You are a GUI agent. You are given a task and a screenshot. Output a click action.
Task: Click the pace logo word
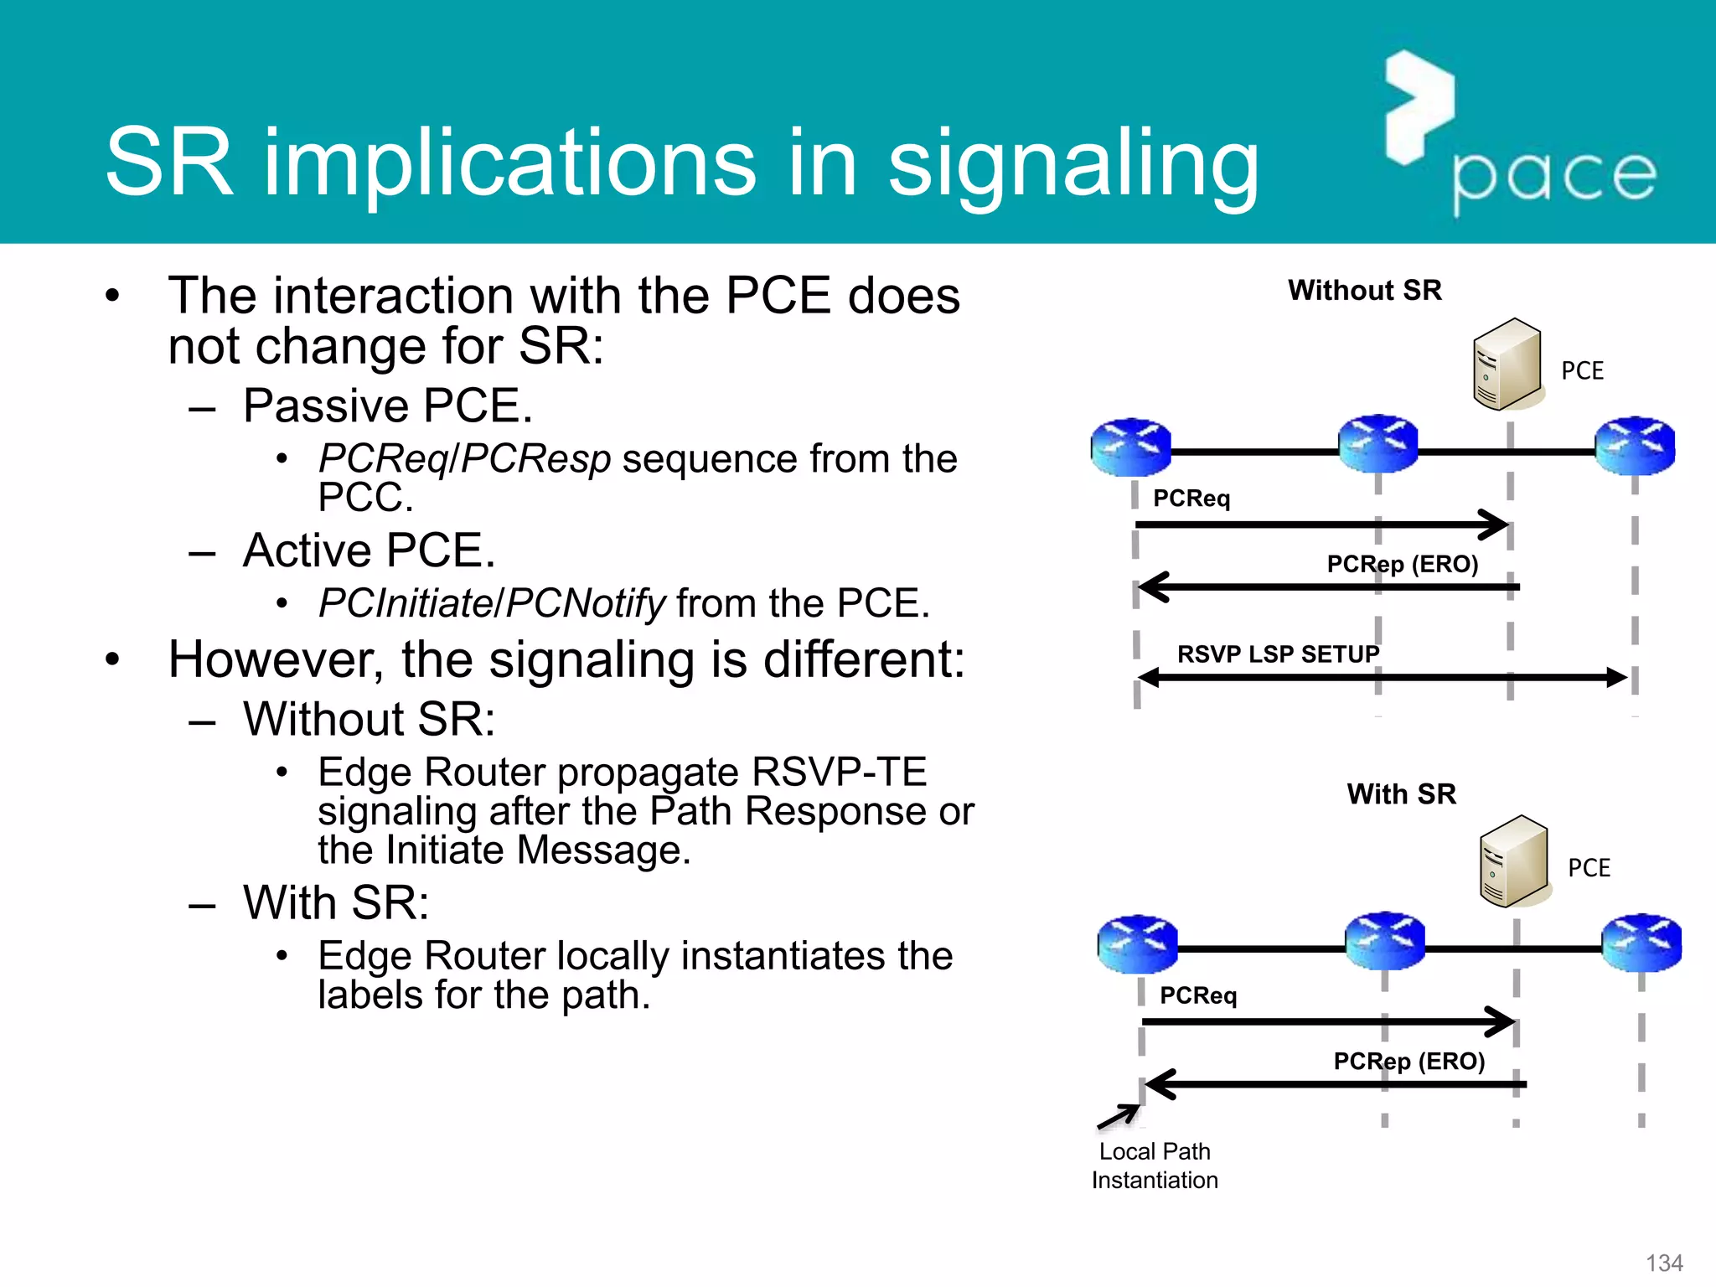(x=1554, y=178)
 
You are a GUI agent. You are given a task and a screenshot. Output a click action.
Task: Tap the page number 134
(x=1664, y=1263)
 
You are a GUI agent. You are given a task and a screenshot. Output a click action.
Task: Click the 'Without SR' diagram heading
(x=1364, y=290)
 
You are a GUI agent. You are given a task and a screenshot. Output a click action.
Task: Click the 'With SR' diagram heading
(x=1401, y=793)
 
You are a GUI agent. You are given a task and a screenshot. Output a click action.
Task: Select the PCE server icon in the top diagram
(x=1507, y=364)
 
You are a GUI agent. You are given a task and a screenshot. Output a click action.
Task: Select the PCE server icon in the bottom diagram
(x=1514, y=861)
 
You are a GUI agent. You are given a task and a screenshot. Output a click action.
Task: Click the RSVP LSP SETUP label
(x=1277, y=654)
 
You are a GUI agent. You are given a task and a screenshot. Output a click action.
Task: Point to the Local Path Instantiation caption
(x=1154, y=1166)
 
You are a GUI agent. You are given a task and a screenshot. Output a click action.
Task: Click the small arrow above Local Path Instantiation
(x=1119, y=1116)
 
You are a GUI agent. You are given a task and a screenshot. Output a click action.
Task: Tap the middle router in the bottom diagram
(x=1385, y=942)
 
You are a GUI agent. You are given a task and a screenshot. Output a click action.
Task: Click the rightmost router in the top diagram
(x=1635, y=446)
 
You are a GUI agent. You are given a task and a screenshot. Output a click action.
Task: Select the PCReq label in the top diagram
(x=1191, y=499)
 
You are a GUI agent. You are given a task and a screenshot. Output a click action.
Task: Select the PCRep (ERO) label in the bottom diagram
(x=1408, y=1062)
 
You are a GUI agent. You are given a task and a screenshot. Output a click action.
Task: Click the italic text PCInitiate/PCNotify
(x=492, y=603)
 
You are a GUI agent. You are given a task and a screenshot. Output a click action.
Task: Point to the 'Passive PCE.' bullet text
(x=388, y=406)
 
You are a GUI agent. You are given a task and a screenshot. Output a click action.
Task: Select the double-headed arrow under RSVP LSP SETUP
(x=1383, y=678)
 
